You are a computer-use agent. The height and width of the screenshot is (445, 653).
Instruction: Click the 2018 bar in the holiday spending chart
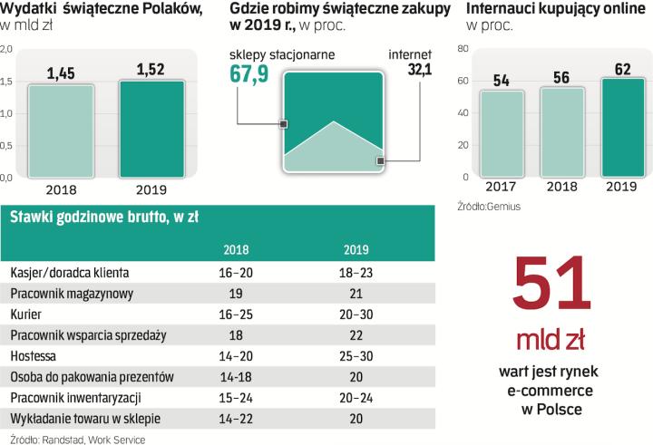60,131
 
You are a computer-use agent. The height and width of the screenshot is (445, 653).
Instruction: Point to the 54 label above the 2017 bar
501,81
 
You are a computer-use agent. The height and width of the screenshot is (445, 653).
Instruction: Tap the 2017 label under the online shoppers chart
501,187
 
